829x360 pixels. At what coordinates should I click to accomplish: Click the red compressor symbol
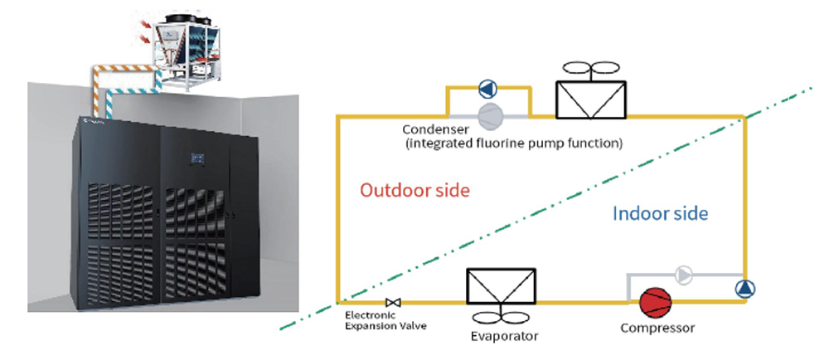(x=655, y=303)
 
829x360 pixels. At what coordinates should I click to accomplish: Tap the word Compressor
(x=657, y=328)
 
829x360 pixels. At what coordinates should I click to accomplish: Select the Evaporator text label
(x=504, y=336)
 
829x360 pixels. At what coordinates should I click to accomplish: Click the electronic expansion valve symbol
(x=393, y=303)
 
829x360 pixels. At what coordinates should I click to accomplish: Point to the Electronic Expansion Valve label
(x=385, y=320)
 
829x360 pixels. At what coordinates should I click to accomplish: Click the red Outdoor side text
(x=414, y=190)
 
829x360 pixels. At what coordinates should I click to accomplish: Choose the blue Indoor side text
(x=661, y=213)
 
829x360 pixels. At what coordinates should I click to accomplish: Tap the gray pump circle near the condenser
(x=491, y=115)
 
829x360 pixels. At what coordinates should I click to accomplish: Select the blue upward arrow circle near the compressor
(x=745, y=289)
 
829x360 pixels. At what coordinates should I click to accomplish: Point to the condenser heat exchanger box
(x=590, y=100)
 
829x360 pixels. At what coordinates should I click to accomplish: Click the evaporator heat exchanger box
(x=501, y=286)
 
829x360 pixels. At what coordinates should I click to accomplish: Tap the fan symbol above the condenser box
(x=590, y=69)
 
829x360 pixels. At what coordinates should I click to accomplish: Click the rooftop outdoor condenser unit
(x=187, y=51)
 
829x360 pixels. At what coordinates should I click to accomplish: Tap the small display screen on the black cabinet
(x=197, y=158)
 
